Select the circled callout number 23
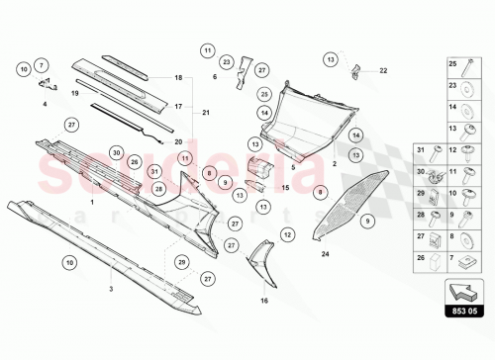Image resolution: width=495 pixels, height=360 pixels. pyautogui.click(x=227, y=62)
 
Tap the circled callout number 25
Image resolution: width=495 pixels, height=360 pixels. pyautogui.click(x=264, y=95)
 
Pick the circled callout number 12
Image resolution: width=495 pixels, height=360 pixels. pyautogui.click(x=287, y=234)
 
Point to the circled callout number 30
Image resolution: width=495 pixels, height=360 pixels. pyautogui.click(x=116, y=153)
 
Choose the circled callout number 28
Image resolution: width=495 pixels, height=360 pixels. pyautogui.click(x=158, y=187)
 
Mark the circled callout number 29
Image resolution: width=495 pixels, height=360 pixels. pyautogui.click(x=181, y=261)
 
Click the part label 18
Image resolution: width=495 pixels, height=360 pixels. pyautogui.click(x=179, y=77)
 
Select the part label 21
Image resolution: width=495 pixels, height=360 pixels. pyautogui.click(x=207, y=113)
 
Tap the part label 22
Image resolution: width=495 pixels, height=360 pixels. pyautogui.click(x=384, y=70)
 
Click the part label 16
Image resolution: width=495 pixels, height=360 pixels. pyautogui.click(x=263, y=300)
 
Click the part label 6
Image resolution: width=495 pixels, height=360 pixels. pyautogui.click(x=215, y=76)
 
